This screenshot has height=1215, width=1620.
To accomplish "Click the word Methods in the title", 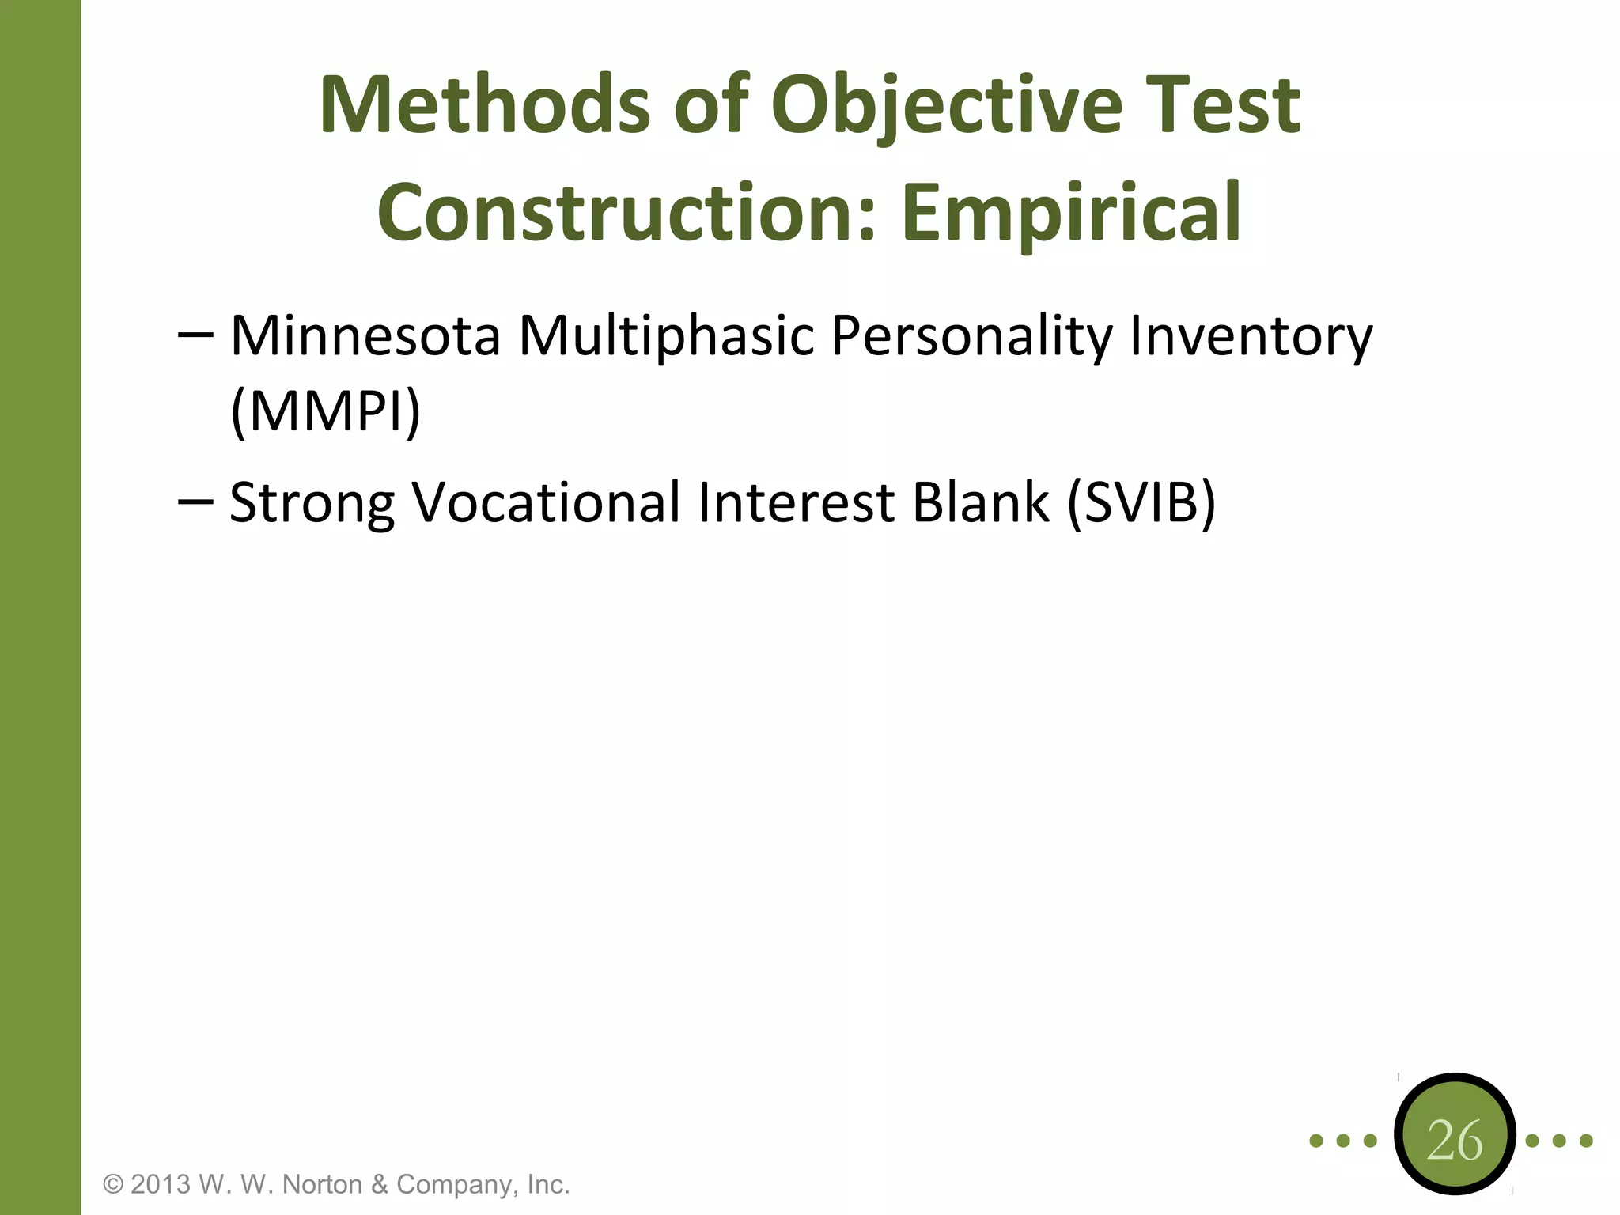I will (x=484, y=105).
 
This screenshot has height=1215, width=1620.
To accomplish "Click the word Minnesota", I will (x=365, y=336).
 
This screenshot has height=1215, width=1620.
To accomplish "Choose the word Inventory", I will (x=1251, y=336).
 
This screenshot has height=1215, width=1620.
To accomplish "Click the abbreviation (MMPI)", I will (x=325, y=411).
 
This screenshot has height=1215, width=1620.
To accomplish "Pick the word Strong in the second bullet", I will (x=312, y=503).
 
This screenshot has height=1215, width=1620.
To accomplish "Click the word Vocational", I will (x=546, y=503).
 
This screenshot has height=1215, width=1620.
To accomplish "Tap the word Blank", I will (x=980, y=503).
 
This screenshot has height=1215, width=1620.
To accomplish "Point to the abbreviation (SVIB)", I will (x=1141, y=503).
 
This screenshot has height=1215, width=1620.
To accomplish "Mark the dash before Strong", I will (x=195, y=502).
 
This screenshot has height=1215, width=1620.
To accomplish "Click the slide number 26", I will (x=1455, y=1141).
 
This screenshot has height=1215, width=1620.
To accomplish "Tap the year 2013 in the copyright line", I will (x=161, y=1185).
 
